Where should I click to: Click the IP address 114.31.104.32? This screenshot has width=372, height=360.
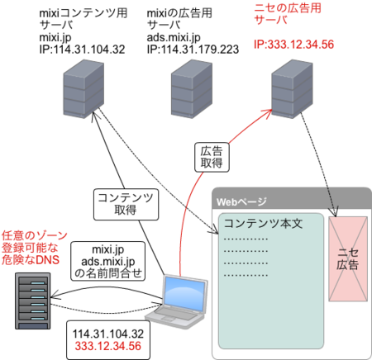(108, 334)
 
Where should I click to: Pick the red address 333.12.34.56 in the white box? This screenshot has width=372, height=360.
(108, 347)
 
